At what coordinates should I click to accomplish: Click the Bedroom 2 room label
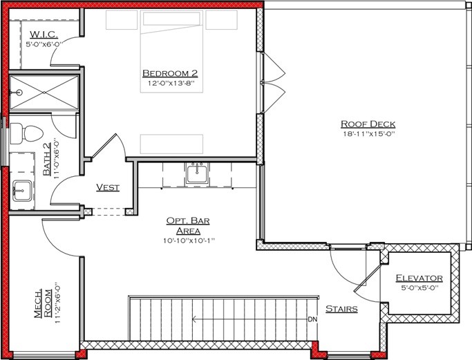pyautogui.click(x=170, y=73)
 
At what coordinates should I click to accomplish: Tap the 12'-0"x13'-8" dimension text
pyautogui.click(x=169, y=84)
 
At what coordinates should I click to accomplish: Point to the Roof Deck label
pyautogui.click(x=368, y=124)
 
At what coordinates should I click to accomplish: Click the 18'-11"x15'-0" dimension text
pyautogui.click(x=368, y=135)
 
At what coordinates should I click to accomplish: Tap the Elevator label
pyautogui.click(x=419, y=278)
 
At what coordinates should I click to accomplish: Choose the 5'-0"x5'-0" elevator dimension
pyautogui.click(x=419, y=289)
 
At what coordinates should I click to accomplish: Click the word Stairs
pyautogui.click(x=341, y=309)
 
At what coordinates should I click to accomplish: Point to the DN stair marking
pyautogui.click(x=312, y=319)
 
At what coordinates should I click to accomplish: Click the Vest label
pyautogui.click(x=108, y=187)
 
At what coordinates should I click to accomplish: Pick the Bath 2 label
pyautogui.click(x=47, y=158)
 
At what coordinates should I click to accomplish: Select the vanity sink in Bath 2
pyautogui.click(x=23, y=188)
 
